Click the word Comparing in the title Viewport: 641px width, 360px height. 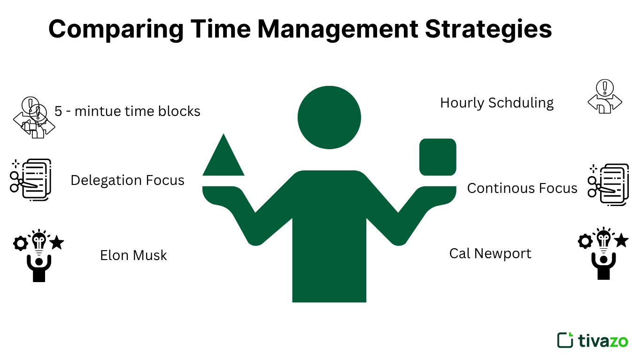[x=116, y=29]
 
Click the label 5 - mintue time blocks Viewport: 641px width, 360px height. [x=127, y=111]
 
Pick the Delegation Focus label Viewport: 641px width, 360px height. [x=127, y=180]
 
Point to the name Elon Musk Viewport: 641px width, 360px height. [x=133, y=255]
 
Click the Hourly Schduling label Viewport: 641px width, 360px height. [x=497, y=103]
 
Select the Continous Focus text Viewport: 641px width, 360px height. [x=522, y=188]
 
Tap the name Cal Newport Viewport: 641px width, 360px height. [x=490, y=253]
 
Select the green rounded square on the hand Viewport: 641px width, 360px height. [x=438, y=157]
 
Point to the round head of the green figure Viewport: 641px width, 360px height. [x=329, y=117]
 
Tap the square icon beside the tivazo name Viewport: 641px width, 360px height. [x=565, y=340]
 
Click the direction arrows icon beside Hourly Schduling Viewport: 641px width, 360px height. [x=605, y=97]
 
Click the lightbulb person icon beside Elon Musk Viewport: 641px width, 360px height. [x=39, y=255]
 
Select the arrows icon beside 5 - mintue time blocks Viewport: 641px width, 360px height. [x=33, y=118]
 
